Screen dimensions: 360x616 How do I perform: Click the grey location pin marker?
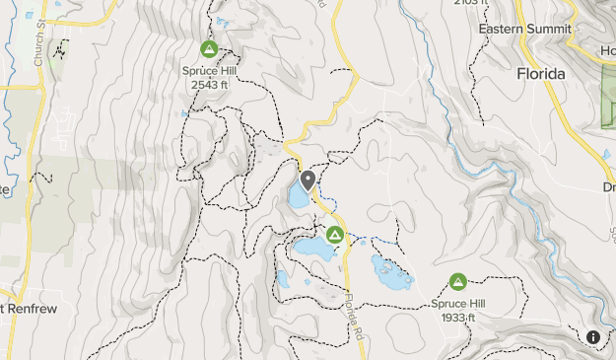pos(308,180)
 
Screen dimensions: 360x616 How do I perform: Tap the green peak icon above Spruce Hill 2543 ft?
pos(208,48)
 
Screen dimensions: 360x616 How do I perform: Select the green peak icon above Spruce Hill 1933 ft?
pos(457,282)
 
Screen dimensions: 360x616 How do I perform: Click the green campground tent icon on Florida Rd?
pos(335,235)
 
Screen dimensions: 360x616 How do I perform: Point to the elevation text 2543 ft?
pos(208,84)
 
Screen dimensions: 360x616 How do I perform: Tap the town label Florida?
pos(540,74)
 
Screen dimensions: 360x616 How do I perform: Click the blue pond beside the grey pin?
pos(298,196)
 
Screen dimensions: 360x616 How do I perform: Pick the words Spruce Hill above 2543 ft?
pos(208,70)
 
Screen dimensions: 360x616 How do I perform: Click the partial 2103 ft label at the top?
pos(472,3)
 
